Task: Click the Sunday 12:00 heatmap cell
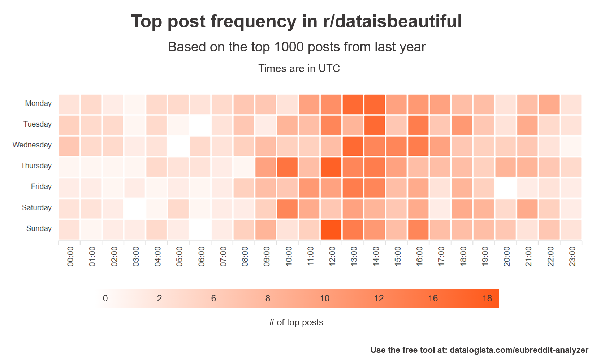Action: (331, 230)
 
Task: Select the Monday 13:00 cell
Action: (353, 105)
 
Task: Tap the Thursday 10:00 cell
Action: (288, 167)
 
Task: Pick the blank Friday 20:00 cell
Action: (505, 188)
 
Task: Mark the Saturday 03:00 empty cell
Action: (135, 209)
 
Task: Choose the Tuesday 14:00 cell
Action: (375, 125)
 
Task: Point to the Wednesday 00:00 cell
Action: (69, 146)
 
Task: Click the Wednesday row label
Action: (32, 145)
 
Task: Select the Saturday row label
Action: (36, 207)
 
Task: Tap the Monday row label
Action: (38, 103)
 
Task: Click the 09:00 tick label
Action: (267, 257)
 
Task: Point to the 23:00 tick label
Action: (572, 257)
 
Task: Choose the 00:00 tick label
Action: (70, 257)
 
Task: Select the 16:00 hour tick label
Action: (419, 257)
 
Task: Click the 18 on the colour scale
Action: (487, 299)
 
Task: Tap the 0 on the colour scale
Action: (105, 299)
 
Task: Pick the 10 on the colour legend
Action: (324, 299)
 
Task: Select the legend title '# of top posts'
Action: (296, 322)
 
